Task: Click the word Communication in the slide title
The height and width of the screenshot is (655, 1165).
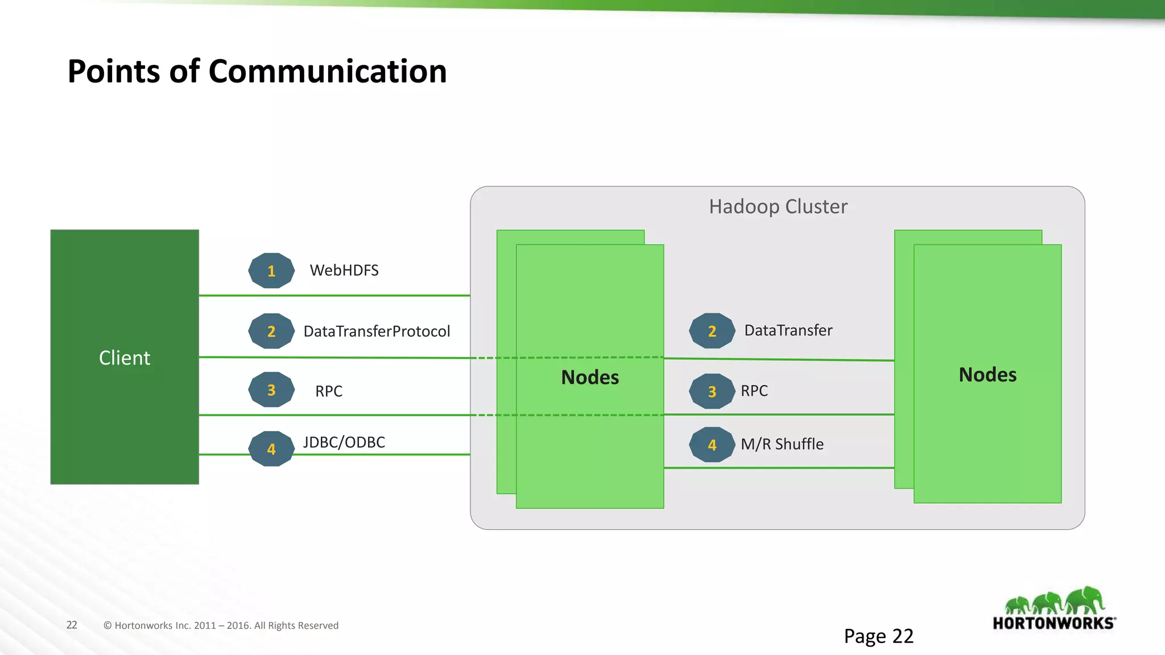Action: click(x=327, y=72)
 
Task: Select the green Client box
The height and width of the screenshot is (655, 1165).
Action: click(x=125, y=357)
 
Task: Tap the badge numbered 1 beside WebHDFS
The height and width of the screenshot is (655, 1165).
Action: click(x=271, y=271)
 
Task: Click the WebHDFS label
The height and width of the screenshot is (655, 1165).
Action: click(x=344, y=270)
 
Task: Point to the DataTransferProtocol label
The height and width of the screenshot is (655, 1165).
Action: click(x=377, y=331)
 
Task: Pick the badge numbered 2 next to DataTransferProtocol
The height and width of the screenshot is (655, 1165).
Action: click(x=271, y=331)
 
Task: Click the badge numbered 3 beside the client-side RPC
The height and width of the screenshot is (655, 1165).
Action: click(x=271, y=390)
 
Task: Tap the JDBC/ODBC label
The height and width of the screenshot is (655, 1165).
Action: click(x=344, y=442)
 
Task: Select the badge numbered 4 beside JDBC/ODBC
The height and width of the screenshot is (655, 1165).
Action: click(x=271, y=449)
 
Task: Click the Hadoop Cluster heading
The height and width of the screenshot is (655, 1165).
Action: click(x=778, y=206)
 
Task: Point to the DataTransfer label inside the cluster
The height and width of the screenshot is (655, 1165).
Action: click(x=788, y=330)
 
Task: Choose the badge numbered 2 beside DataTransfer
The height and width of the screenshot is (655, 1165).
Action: click(x=712, y=331)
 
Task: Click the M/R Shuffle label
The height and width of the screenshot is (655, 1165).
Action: click(x=782, y=444)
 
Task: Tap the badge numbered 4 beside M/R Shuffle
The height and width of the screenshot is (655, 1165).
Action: click(x=712, y=445)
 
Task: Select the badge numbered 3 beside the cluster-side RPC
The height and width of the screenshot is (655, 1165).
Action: click(x=712, y=391)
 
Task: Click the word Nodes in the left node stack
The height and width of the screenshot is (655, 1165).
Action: click(x=590, y=378)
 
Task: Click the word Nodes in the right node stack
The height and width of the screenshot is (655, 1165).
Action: click(x=988, y=375)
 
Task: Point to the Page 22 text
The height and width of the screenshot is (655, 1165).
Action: click(x=878, y=636)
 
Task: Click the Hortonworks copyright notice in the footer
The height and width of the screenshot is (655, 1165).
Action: click(x=221, y=625)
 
